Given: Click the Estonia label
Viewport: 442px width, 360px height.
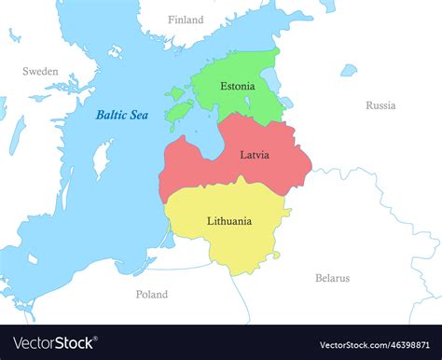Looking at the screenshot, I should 237,86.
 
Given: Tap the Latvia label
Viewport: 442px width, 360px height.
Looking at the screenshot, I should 254,155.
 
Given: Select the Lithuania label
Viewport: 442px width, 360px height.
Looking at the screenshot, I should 228,221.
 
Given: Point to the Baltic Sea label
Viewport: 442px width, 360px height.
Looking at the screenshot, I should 121,116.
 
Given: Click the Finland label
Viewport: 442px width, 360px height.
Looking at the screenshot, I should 186,20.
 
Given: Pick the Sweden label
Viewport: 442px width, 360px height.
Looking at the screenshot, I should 40,71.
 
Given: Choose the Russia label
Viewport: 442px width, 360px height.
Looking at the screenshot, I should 380,105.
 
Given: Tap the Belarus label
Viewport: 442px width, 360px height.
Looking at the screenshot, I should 332,278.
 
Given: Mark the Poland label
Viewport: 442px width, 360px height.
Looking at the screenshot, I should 152,294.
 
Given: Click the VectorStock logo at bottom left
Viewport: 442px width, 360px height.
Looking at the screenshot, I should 53,343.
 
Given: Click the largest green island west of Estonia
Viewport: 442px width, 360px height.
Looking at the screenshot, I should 178,113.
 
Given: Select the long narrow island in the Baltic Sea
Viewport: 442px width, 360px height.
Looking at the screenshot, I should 103,158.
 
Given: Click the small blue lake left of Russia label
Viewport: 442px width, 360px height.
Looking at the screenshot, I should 348,70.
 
